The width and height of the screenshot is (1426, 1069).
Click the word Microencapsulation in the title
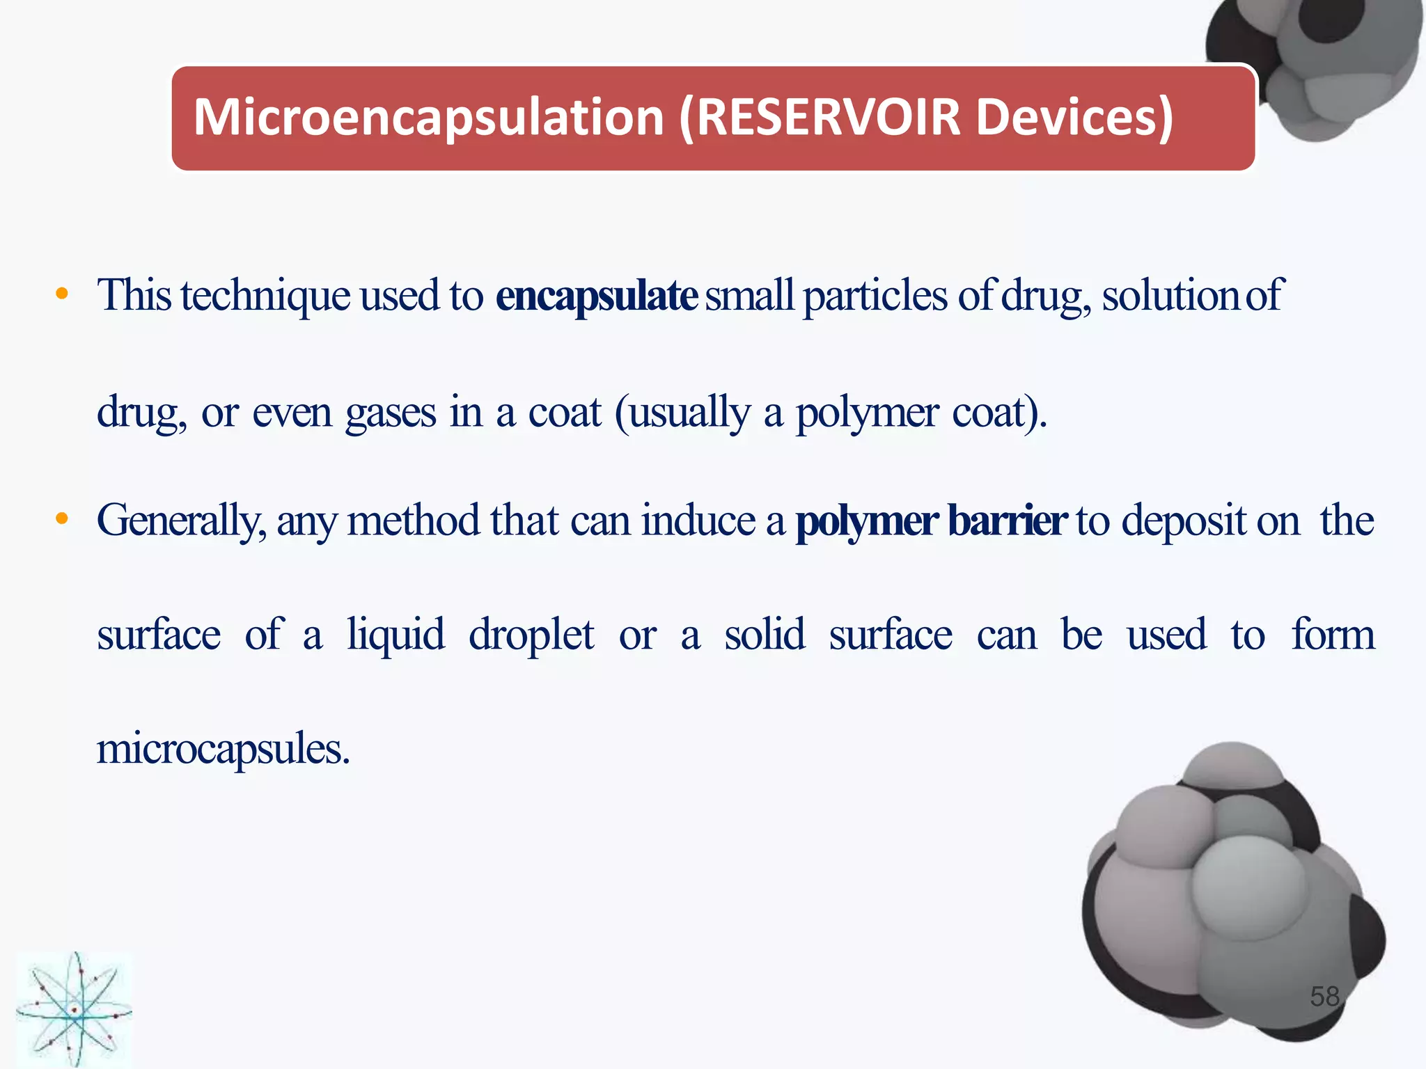[x=428, y=118]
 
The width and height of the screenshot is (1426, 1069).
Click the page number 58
[x=1324, y=997]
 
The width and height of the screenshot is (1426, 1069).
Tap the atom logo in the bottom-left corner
[x=74, y=1009]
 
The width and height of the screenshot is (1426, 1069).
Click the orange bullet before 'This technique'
[x=62, y=294]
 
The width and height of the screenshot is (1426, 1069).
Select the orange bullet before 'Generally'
[x=62, y=519]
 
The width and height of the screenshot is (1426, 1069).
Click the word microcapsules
[x=223, y=750]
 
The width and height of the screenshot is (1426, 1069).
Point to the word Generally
[x=181, y=521]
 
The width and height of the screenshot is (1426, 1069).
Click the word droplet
[x=531, y=635]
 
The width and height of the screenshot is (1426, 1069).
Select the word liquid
[x=396, y=635]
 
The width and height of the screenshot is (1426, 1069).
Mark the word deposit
[x=1184, y=521]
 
